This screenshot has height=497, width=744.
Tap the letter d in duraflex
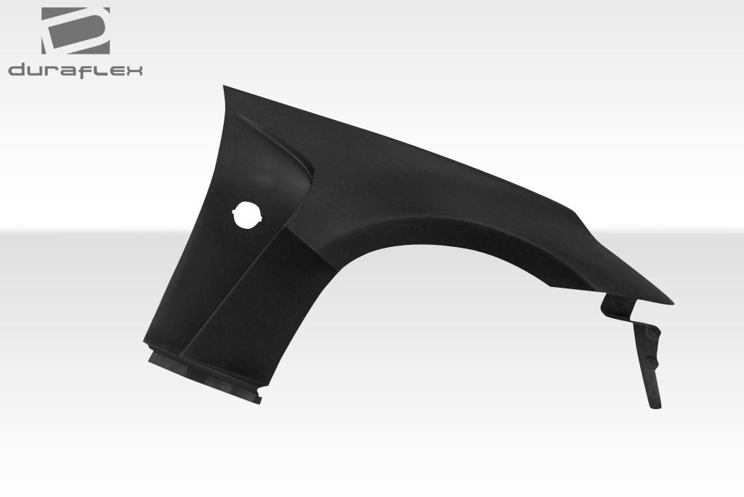[17, 70]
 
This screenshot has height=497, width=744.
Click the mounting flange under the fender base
[203, 373]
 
